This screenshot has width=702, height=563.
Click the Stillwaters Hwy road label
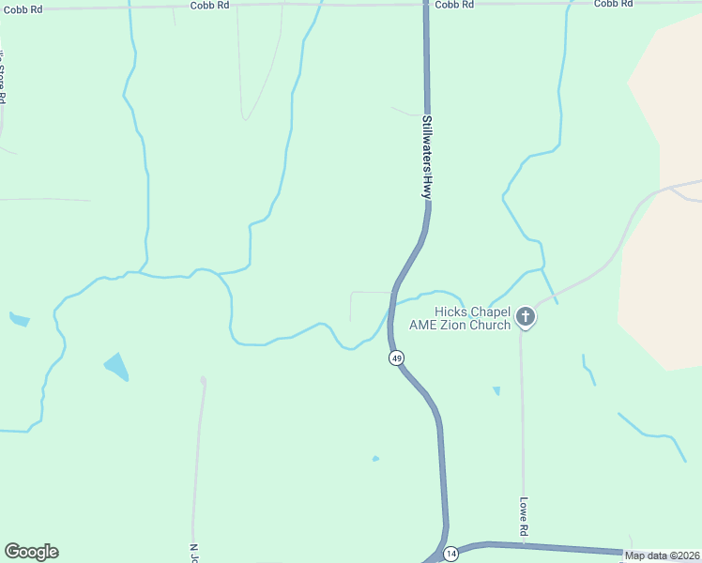(x=426, y=156)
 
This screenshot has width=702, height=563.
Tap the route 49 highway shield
(x=397, y=358)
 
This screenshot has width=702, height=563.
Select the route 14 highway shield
(x=451, y=553)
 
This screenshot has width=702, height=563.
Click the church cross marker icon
(x=526, y=318)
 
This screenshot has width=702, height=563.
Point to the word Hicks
(x=450, y=312)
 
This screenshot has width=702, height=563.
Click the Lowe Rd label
(x=524, y=516)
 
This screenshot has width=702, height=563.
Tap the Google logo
(x=31, y=552)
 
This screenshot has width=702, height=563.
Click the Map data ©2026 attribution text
(x=663, y=555)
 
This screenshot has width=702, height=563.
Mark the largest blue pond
(x=115, y=366)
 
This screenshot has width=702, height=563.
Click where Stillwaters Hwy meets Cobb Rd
(x=425, y=4)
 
